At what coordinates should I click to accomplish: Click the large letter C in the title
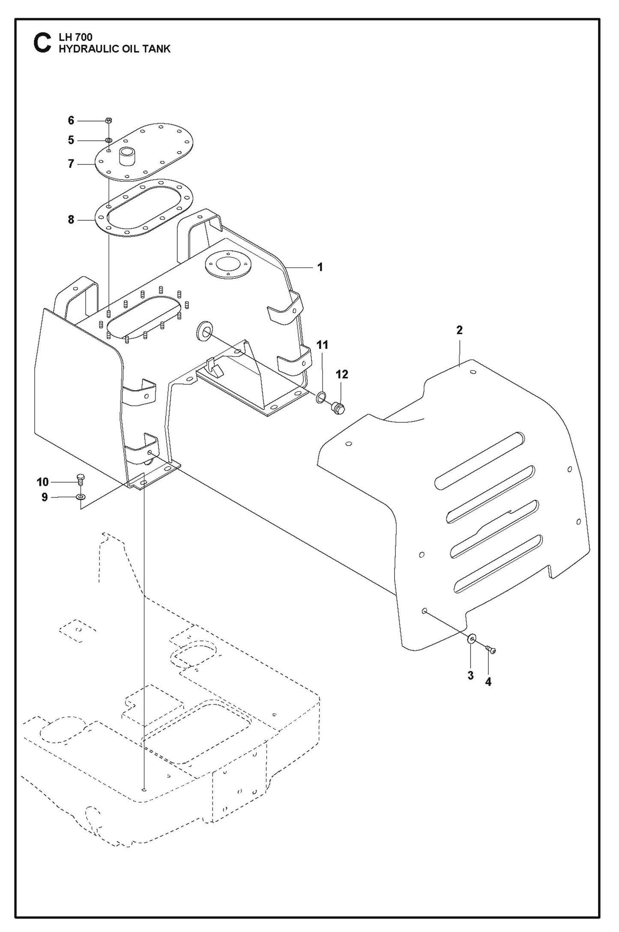pos(42,44)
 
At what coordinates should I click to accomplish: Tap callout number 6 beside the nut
pos(71,121)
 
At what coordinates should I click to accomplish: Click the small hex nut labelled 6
pos(109,121)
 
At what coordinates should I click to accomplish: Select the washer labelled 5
pos(109,140)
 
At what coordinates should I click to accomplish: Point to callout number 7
pos(71,164)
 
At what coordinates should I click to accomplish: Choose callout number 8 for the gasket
pos(71,220)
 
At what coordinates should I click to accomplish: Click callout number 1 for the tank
pos(320,267)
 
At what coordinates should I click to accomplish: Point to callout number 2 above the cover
pos(459,330)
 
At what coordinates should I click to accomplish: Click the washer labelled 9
pos(81,497)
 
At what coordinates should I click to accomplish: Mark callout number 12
pos(341,375)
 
